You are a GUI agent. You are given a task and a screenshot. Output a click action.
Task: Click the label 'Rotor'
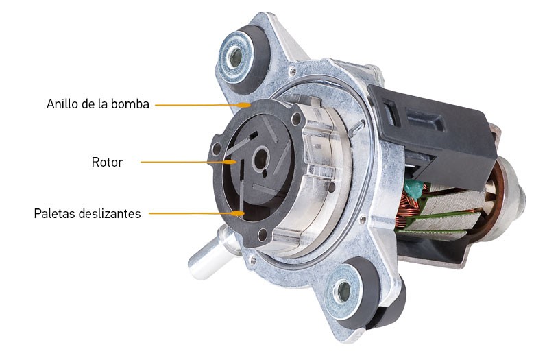coord(107,163)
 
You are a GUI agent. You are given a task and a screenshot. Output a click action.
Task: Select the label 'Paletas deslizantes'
coord(87,213)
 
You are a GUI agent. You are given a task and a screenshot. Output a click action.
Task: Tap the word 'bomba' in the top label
coord(134,105)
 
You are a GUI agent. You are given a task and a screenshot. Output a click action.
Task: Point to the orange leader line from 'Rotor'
coord(185,162)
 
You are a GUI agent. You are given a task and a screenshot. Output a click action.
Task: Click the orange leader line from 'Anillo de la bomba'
coord(199,105)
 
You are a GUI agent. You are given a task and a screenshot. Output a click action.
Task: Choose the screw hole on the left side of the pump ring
coord(217,149)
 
